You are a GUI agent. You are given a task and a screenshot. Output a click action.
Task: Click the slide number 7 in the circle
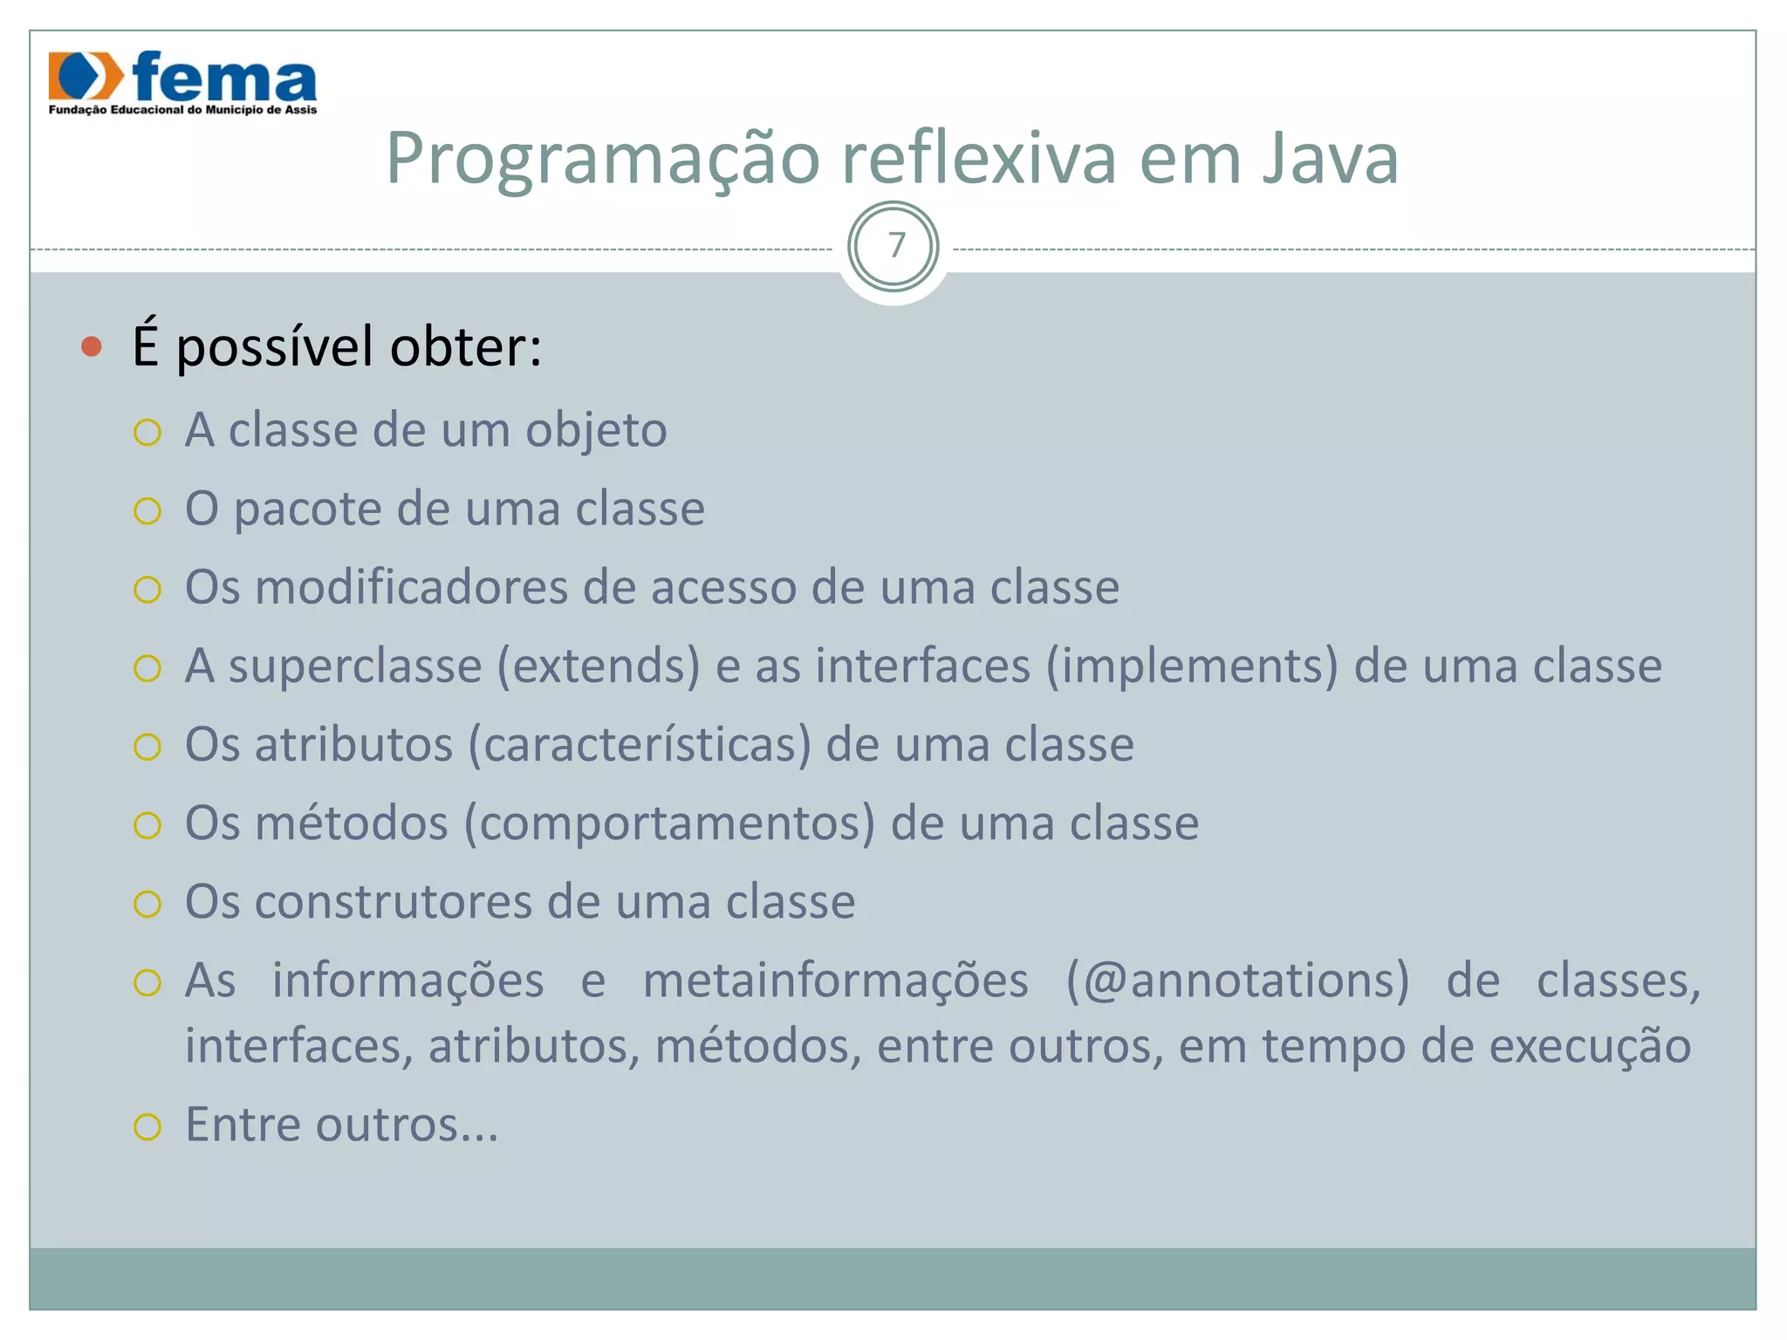click(x=894, y=247)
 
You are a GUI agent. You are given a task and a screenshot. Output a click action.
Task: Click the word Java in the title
click(x=1330, y=159)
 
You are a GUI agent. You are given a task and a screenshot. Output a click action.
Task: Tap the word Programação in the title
click(x=603, y=159)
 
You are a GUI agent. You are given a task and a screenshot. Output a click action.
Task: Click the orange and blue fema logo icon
click(x=86, y=77)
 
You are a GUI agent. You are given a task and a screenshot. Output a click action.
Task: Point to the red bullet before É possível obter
click(x=91, y=347)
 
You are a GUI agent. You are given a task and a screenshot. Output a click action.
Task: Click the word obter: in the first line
click(x=466, y=346)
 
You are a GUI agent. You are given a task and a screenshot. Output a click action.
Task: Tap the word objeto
click(x=596, y=430)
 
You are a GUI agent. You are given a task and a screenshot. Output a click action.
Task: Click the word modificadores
click(x=411, y=587)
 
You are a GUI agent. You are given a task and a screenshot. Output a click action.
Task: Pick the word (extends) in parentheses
click(x=599, y=667)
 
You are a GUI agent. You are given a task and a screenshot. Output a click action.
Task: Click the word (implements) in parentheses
click(x=1192, y=667)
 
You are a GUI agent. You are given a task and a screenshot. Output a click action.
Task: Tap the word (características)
click(x=640, y=745)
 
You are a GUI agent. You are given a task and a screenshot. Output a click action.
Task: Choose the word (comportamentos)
click(x=669, y=824)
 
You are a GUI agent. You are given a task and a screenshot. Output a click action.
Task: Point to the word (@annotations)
click(x=1237, y=981)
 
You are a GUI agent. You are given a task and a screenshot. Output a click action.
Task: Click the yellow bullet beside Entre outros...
click(x=147, y=1127)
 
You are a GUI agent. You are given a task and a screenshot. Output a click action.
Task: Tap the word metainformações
click(x=835, y=981)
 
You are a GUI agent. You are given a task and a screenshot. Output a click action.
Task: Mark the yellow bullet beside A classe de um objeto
click(x=147, y=433)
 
